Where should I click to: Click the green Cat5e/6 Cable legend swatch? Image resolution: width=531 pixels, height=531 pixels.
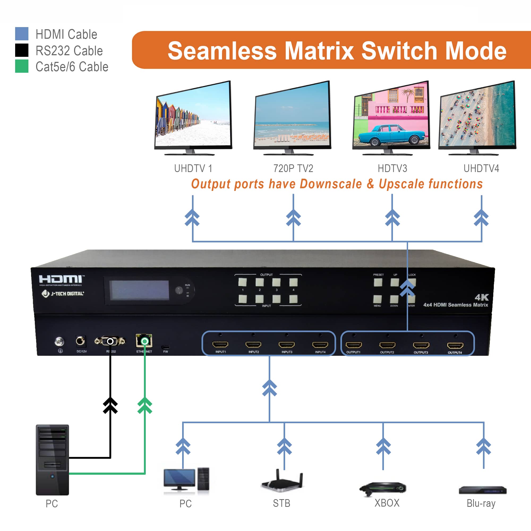tap(22, 66)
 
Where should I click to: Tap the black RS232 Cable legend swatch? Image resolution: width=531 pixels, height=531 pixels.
tap(22, 50)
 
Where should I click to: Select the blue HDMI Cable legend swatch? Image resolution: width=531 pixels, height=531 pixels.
tap(22, 34)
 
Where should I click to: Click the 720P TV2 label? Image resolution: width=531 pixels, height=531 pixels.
tap(293, 169)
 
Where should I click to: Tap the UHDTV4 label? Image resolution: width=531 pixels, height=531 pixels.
tap(481, 169)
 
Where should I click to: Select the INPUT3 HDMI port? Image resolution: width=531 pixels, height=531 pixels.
tap(286, 345)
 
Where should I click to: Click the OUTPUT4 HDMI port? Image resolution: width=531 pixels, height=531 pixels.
tap(455, 345)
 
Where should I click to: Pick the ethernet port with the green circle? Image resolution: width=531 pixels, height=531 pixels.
tap(144, 341)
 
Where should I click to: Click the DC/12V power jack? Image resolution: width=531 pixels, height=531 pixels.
tap(80, 341)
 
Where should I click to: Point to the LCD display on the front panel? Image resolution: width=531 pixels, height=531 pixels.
tap(139, 290)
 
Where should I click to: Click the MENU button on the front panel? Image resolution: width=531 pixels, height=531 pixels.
tap(377, 299)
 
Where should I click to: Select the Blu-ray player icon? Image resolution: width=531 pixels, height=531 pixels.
tap(482, 490)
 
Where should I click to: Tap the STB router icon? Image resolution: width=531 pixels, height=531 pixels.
tap(282, 482)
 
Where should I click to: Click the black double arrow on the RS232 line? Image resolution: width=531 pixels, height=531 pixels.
tap(110, 405)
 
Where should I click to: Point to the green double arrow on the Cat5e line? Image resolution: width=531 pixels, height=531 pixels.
tap(145, 405)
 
